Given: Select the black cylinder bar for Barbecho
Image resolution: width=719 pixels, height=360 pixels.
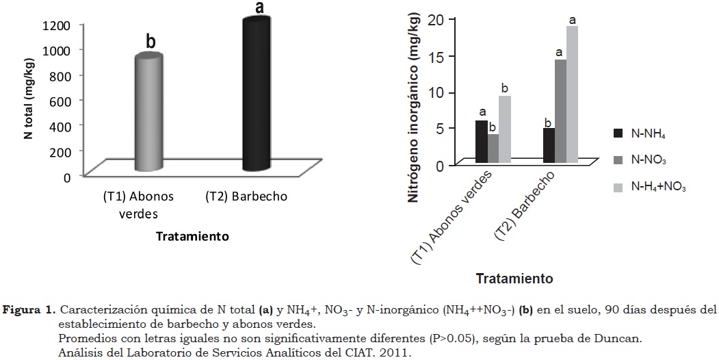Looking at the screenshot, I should pos(255,96).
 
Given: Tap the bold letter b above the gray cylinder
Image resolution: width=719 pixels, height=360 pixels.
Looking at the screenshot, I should pos(151,42).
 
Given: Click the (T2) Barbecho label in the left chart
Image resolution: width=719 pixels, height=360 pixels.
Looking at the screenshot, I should pos(246,197).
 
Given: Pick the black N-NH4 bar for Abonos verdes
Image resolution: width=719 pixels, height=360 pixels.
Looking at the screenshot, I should pos(482,142).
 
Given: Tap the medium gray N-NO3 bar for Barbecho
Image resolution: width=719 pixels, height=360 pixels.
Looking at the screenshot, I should pos(560,111).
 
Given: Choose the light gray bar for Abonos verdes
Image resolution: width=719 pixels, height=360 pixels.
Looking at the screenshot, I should pos(505,129).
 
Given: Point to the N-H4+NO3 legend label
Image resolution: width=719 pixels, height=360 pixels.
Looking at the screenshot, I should pos(658,186).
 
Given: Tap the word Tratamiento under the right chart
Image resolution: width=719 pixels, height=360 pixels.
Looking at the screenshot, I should pos(514,279).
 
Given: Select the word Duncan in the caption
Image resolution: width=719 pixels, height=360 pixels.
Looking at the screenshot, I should pos(622,339).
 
